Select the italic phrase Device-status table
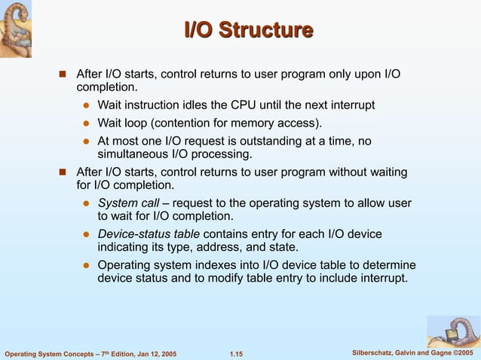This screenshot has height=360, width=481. (149, 234)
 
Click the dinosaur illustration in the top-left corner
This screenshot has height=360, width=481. (20, 29)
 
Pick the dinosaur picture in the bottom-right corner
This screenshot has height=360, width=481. (452, 331)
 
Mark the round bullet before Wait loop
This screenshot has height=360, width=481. (87, 124)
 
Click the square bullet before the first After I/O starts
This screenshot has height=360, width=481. (63, 74)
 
